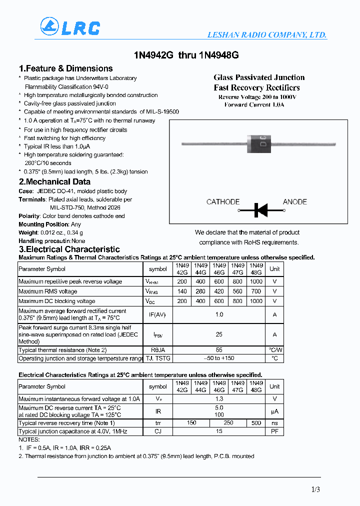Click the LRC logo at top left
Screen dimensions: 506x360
coord(70,27)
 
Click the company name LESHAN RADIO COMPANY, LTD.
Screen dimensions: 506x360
coord(267,35)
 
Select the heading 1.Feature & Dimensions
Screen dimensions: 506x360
coord(65,68)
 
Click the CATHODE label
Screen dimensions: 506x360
coord(223,202)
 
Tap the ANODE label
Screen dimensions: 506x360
coord(295,202)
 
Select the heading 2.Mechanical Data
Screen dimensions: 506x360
coord(54,182)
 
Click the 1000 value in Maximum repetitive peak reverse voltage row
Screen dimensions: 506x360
coord(256,281)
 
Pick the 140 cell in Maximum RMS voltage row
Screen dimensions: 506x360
coord(182,291)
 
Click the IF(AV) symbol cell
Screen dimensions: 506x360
coord(158,314)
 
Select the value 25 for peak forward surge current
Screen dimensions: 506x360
coord(219,334)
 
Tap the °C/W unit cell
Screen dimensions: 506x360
coord(275,350)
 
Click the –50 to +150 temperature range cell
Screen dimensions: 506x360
coord(219,358)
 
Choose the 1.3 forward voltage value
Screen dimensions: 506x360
coord(219,399)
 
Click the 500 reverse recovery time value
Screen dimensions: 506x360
coord(256,423)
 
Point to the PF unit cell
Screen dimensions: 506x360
coord(274,431)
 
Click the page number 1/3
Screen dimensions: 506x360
coord(315,489)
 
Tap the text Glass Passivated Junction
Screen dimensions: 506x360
coord(259,77)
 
